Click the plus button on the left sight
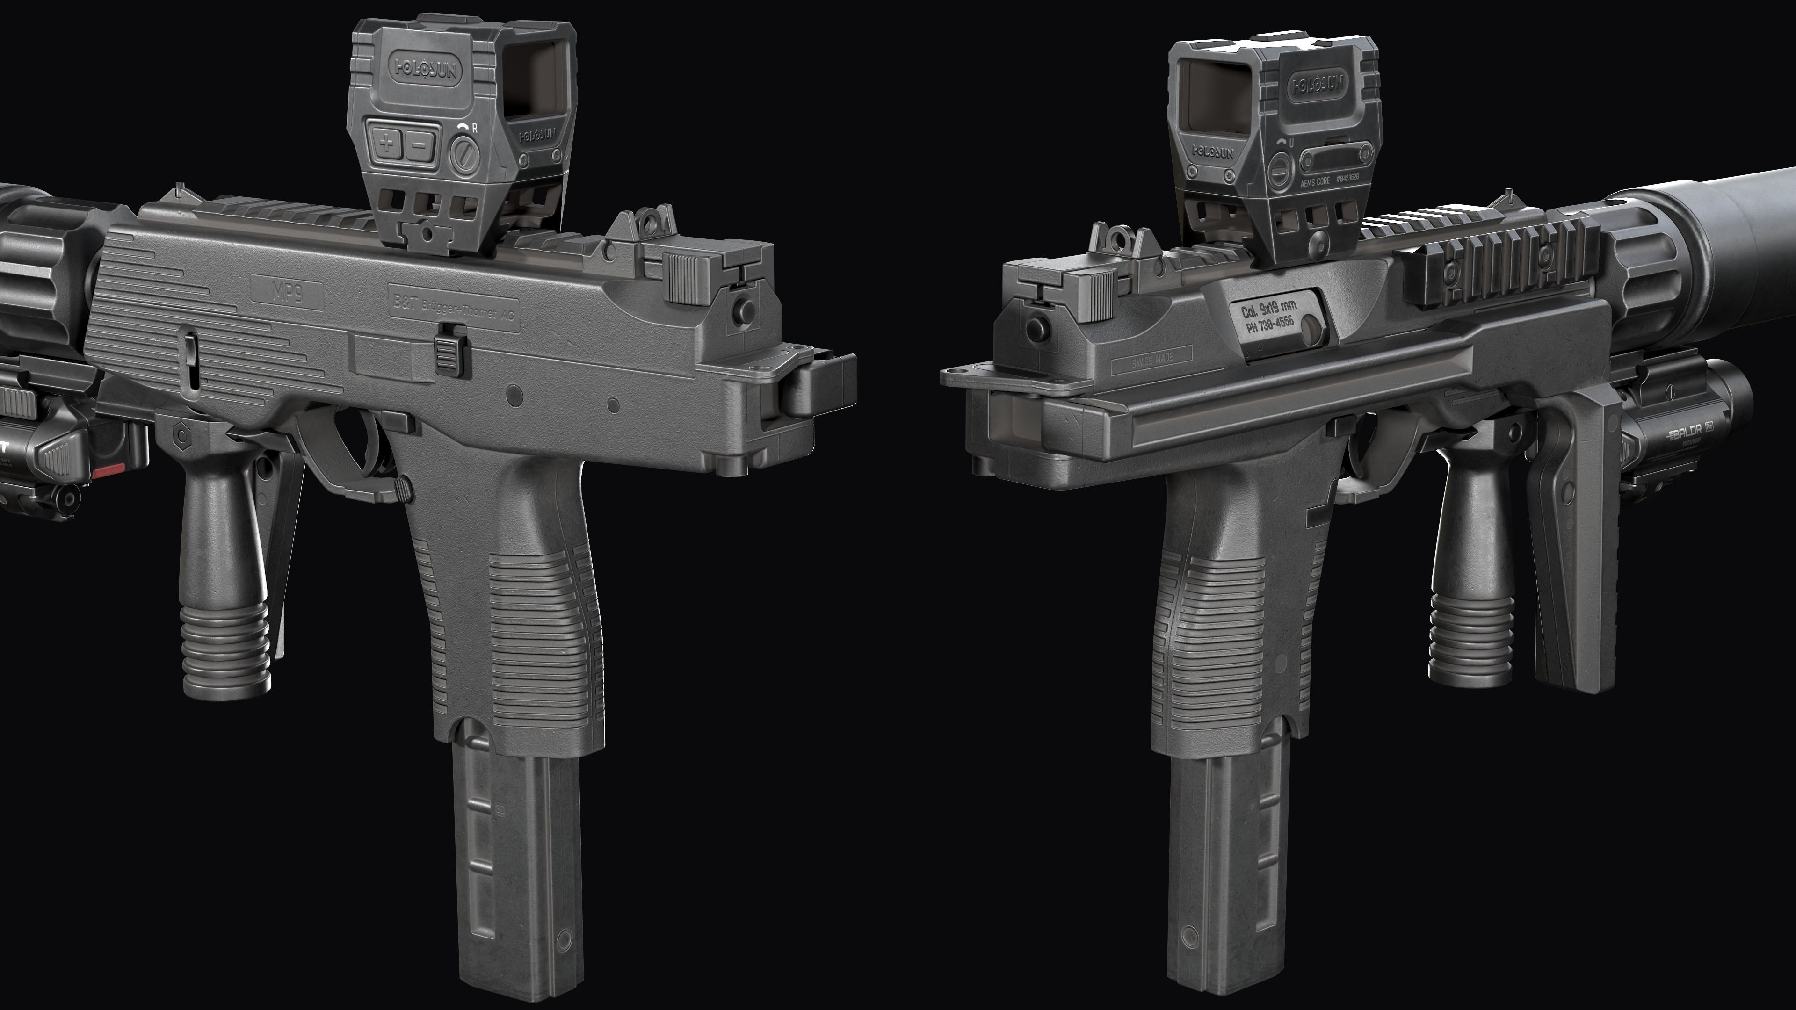tap(386, 144)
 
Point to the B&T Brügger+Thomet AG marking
tap(454, 307)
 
